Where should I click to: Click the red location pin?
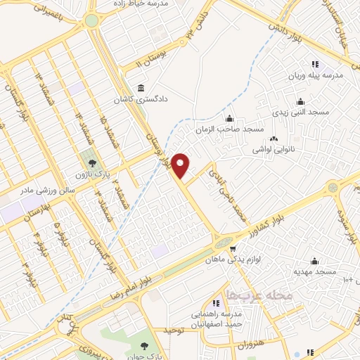pos(181,165)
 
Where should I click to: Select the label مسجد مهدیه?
pos(315,271)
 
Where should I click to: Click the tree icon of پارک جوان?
pos(143,345)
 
